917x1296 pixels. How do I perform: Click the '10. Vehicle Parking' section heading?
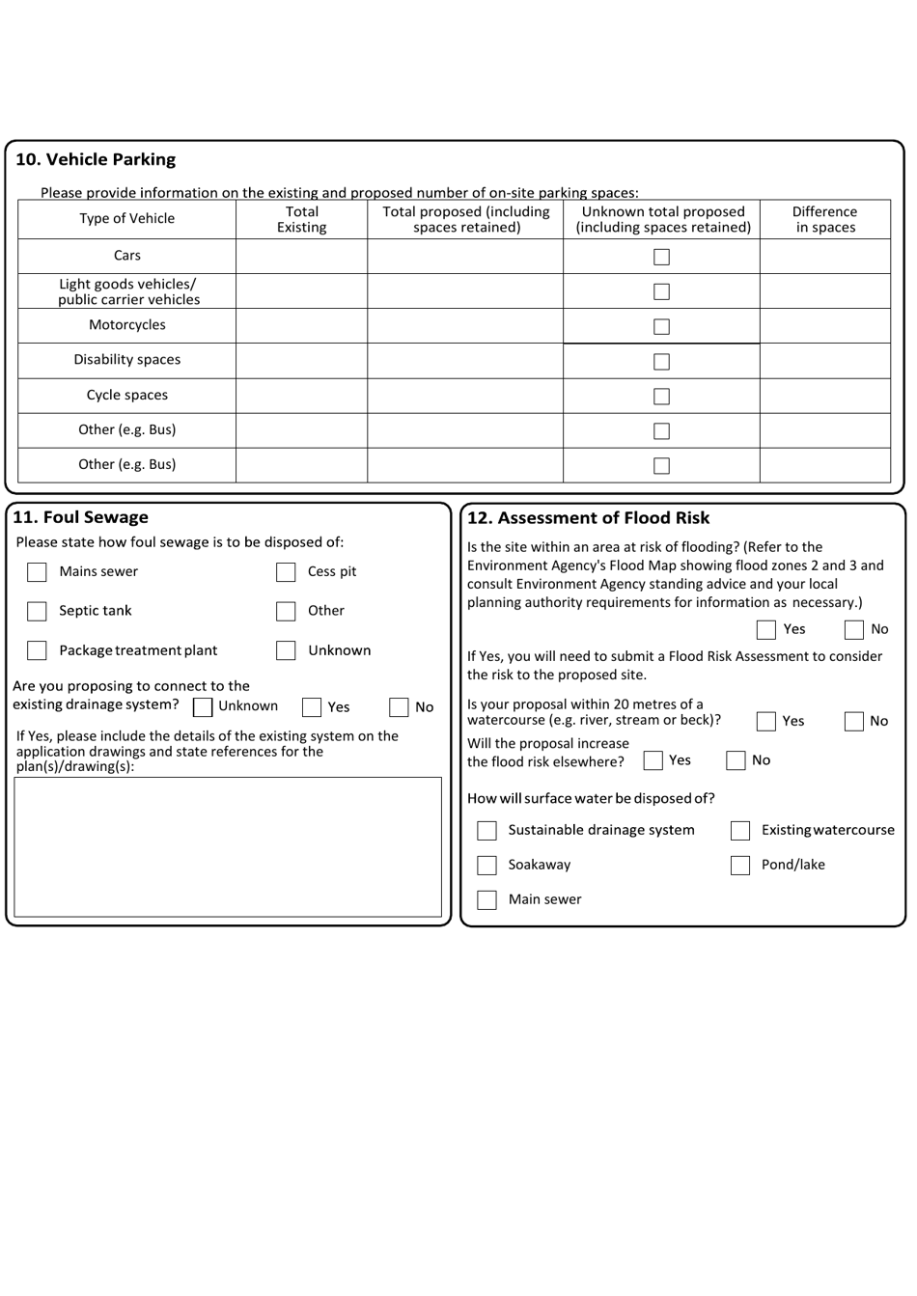point(96,160)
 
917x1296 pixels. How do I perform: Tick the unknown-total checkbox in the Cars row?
point(661,257)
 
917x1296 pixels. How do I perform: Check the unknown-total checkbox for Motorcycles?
point(661,326)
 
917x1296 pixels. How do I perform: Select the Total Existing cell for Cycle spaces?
point(301,396)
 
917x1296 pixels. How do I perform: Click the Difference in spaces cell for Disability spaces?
point(824,361)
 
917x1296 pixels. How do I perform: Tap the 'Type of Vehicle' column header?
point(126,219)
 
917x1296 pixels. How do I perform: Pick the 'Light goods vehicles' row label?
point(128,291)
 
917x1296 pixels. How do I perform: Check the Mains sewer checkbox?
point(37,572)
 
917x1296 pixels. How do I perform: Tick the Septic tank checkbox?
point(37,612)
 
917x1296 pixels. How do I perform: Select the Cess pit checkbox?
point(286,572)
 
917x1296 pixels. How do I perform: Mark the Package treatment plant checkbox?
point(37,651)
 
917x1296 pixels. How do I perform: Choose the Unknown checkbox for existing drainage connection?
point(203,707)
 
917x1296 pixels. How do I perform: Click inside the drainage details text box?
point(228,847)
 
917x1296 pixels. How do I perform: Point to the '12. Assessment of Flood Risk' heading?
point(588,518)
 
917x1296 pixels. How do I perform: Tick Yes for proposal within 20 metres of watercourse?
point(766,722)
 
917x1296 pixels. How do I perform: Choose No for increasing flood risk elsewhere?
point(736,760)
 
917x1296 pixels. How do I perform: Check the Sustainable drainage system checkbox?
point(487,831)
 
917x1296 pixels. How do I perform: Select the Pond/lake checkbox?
point(740,866)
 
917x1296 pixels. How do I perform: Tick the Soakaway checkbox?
point(487,866)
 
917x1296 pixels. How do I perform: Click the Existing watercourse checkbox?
point(740,831)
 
